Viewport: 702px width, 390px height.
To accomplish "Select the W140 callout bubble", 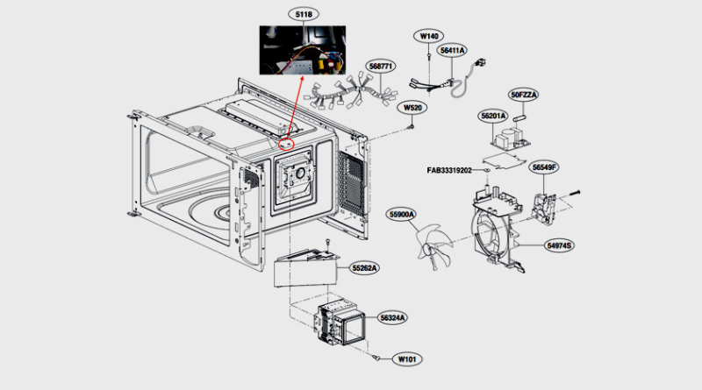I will [428, 36].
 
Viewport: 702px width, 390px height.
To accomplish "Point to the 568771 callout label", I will [380, 66].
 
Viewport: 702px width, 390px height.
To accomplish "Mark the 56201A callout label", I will [493, 116].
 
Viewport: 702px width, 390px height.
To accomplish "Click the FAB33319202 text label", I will [462, 170].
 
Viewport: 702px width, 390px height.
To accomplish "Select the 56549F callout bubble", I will [544, 167].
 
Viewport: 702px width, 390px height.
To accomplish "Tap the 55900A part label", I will [404, 215].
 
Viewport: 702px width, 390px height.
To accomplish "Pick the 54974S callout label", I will [559, 246].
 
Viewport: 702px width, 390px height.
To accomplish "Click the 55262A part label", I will [365, 267].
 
